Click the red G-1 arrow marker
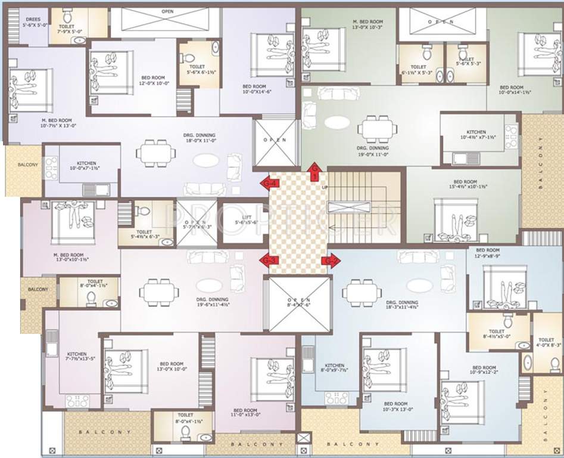pyautogui.click(x=315, y=173)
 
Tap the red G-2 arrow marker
pyautogui.click(x=331, y=261)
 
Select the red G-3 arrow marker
pyautogui.click(x=269, y=260)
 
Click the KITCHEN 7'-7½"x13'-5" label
pyautogui.click(x=76, y=357)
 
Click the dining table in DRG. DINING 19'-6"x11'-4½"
pyautogui.click(x=159, y=292)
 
